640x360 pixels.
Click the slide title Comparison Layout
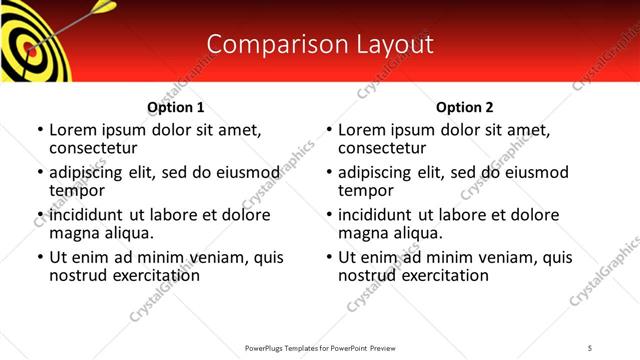click(x=319, y=45)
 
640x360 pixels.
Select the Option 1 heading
click(x=175, y=107)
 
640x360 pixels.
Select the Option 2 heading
click(x=464, y=107)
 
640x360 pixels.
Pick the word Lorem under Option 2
click(x=362, y=130)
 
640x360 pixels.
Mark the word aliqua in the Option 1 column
click(x=128, y=233)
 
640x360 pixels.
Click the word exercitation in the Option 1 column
click(x=153, y=275)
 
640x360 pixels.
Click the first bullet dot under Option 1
click(x=39, y=131)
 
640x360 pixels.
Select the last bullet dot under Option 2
click(x=328, y=258)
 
